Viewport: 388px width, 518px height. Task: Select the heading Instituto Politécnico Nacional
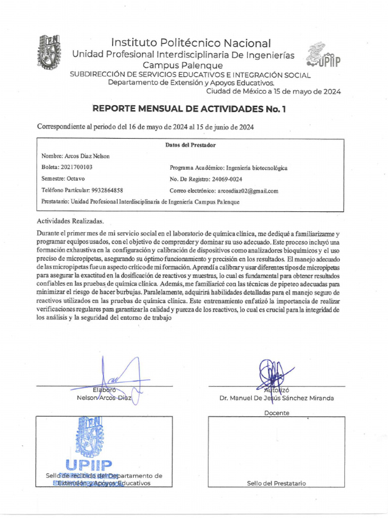[191, 44]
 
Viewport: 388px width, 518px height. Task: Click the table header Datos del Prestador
[190, 145]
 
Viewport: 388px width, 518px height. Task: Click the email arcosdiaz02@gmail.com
[248, 191]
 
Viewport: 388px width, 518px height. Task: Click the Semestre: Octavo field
[63, 179]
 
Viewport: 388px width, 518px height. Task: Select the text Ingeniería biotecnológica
[257, 168]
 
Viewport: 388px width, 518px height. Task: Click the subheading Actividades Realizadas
[70, 221]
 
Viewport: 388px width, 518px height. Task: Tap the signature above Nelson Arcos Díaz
[119, 379]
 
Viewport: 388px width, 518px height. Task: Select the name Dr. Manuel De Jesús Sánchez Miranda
[276, 398]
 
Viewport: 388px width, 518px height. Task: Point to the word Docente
[277, 413]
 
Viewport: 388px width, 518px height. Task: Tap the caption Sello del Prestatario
[276, 483]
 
